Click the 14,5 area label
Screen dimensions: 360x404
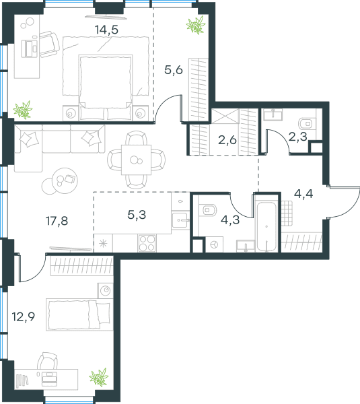(106, 30)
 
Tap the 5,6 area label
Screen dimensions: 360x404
(174, 69)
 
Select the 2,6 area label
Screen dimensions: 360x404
(227, 140)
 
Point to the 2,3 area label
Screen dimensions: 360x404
(297, 137)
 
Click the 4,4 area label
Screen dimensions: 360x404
(303, 194)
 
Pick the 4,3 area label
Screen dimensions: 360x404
(230, 220)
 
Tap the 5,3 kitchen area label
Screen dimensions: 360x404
(137, 215)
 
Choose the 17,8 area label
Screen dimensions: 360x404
(57, 221)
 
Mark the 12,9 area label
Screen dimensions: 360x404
(24, 316)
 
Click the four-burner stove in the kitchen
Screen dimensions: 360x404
(147, 243)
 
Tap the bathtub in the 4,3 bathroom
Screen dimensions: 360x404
(266, 227)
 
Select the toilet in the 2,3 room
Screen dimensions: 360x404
(307, 124)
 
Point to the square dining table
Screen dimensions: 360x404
(136, 160)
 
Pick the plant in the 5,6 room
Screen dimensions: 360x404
(196, 25)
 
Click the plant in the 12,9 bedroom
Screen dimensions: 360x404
(99, 377)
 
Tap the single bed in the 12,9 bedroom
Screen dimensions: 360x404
(79, 314)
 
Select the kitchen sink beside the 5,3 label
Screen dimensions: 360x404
(180, 220)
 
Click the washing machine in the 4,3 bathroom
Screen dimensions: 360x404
(214, 244)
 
